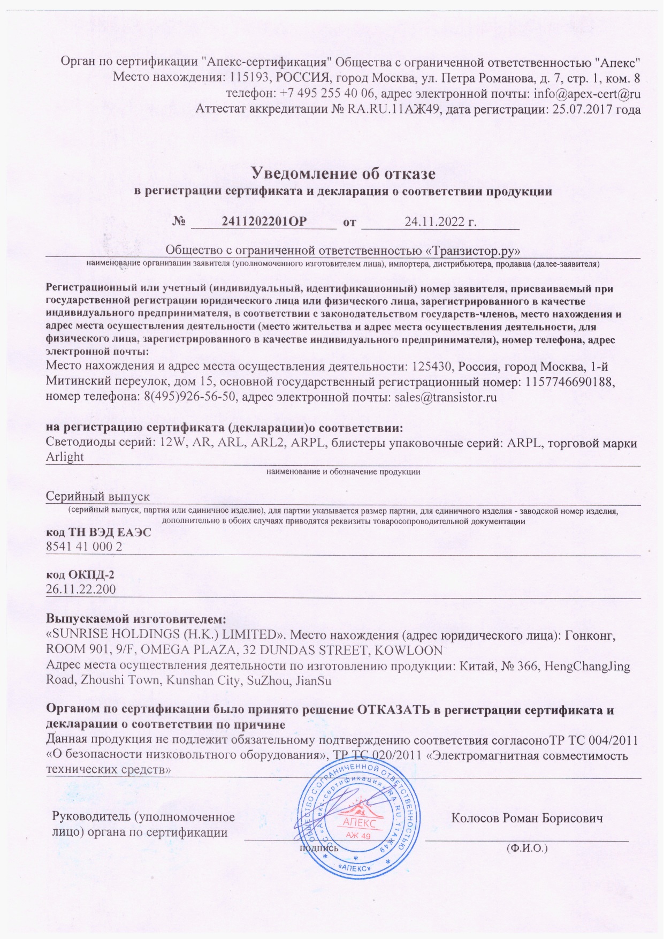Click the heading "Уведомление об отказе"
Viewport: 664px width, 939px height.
pos(343,173)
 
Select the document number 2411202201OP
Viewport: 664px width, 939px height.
pos(264,221)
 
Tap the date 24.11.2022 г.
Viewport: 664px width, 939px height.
pos(440,221)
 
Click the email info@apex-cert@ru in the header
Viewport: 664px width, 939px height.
pos(587,94)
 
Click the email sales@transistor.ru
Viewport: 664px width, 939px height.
pos(446,397)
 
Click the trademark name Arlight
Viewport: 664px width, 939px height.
pos(65,457)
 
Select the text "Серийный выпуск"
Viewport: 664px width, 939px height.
pos(97,496)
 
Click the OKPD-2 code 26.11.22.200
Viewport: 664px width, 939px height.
pos(81,589)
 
